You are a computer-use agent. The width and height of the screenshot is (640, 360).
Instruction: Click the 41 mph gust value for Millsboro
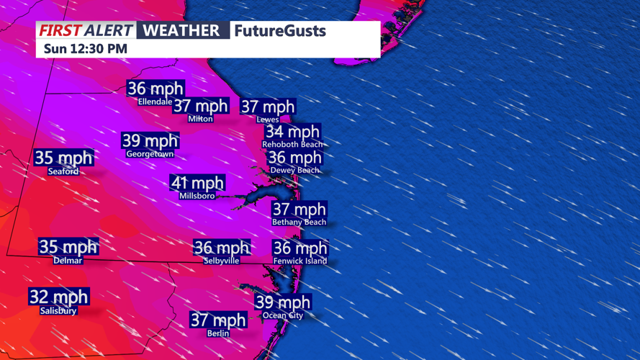click(197, 183)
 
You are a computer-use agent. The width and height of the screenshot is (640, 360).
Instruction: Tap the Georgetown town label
click(150, 154)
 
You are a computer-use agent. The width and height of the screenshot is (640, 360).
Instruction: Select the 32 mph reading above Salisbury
click(58, 297)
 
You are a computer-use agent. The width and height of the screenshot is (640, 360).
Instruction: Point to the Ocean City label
click(283, 315)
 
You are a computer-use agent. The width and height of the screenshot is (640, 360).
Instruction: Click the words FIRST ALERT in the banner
click(86, 30)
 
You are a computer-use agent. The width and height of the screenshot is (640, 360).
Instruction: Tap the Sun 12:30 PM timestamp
click(85, 49)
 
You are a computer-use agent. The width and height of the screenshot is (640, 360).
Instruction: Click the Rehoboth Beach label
click(292, 145)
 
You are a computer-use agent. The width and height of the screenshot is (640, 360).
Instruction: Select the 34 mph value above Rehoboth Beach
click(292, 132)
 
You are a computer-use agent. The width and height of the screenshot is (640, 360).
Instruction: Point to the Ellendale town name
click(156, 102)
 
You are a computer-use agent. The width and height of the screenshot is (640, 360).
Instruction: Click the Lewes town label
click(268, 120)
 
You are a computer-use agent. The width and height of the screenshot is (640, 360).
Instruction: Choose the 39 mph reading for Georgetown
click(150, 140)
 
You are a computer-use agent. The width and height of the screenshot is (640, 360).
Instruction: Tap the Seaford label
click(63, 171)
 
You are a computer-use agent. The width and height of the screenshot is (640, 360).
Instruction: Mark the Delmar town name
click(68, 261)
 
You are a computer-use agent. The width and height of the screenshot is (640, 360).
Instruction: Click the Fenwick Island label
click(300, 261)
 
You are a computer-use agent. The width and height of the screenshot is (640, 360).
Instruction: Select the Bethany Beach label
click(299, 222)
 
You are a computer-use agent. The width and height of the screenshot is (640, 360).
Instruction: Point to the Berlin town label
click(218, 333)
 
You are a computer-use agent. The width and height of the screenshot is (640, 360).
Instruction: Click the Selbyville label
click(222, 261)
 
